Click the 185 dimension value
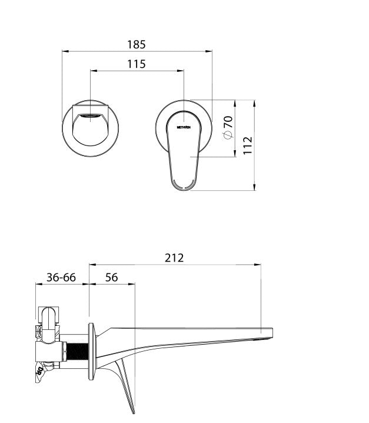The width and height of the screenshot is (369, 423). pyautogui.click(x=137, y=44)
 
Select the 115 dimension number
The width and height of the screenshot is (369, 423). pyautogui.click(x=137, y=64)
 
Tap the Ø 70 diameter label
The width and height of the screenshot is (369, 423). pyautogui.click(x=228, y=127)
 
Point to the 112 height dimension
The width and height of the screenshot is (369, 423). pyautogui.click(x=248, y=145)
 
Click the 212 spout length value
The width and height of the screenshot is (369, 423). pyautogui.click(x=175, y=257)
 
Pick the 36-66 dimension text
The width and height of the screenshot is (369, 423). pyautogui.click(x=61, y=277)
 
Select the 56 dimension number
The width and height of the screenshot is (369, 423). pyautogui.click(x=111, y=277)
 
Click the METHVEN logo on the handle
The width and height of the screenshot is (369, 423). pyautogui.click(x=185, y=125)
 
